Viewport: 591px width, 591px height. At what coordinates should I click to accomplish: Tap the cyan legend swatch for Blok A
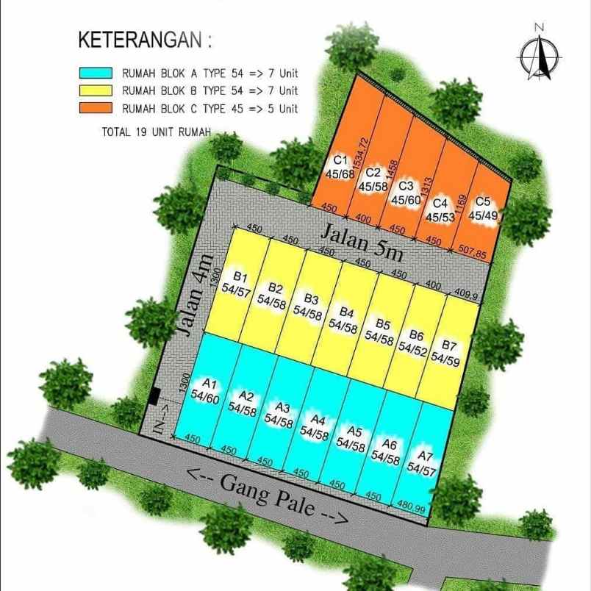click(96, 74)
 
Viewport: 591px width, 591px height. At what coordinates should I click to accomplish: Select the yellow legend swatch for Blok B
click(96, 91)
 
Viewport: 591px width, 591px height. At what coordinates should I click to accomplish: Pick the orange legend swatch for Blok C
click(96, 109)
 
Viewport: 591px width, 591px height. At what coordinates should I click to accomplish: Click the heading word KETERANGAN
click(138, 40)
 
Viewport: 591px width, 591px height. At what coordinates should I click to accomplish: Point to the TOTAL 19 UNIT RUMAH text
click(156, 132)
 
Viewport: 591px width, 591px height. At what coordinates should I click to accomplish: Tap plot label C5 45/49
click(483, 208)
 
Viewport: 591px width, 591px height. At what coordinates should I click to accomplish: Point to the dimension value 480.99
click(412, 508)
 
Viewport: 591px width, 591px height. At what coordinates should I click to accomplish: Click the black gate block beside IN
click(154, 396)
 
